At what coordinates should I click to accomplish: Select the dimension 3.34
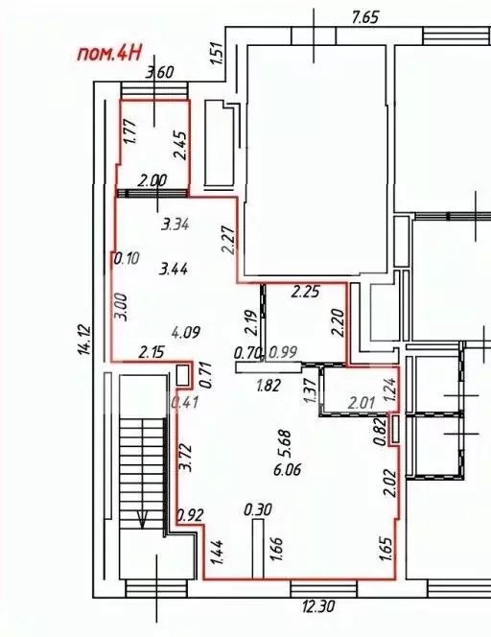tap(177, 225)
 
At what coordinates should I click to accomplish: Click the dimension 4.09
tap(185, 333)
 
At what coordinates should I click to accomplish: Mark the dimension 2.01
tap(362, 401)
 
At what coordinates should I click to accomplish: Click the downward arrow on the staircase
tap(142, 522)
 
